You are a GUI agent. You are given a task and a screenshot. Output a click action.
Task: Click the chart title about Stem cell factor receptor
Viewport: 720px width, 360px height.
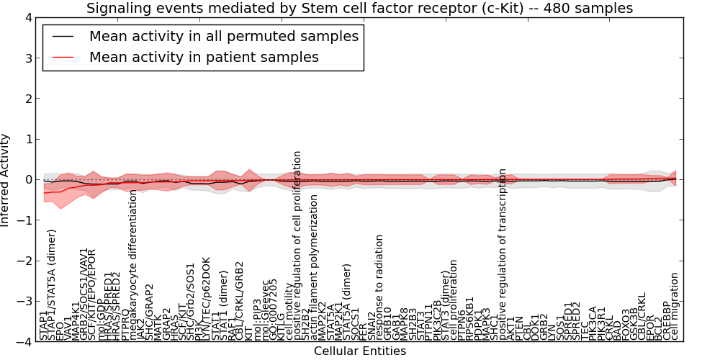[x=359, y=9]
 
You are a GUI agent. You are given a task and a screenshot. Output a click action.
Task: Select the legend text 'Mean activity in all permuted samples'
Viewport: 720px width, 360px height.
[x=223, y=36]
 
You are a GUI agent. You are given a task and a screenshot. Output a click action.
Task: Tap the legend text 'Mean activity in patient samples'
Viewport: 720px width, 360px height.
[x=204, y=57]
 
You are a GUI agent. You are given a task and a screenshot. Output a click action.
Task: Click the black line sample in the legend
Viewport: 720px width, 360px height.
[x=64, y=36]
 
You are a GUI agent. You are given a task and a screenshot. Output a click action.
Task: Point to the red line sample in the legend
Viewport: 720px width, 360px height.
[x=64, y=57]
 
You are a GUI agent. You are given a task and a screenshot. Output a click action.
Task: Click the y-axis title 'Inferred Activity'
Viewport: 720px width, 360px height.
[x=6, y=180]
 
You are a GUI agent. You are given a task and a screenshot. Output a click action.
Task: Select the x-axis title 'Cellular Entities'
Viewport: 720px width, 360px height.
[x=359, y=351]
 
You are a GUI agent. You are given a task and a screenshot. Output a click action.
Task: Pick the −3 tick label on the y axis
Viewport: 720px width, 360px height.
[x=25, y=302]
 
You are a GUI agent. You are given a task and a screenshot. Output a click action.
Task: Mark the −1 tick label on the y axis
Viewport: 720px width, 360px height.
[x=25, y=220]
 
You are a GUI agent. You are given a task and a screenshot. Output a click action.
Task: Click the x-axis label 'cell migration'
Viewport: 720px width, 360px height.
[x=675, y=306]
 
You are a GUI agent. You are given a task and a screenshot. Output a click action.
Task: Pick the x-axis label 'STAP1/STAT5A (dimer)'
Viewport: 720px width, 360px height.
[x=52, y=284]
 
